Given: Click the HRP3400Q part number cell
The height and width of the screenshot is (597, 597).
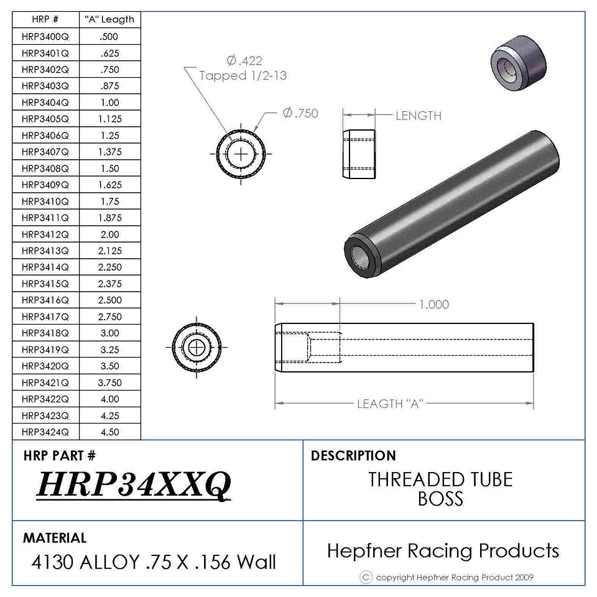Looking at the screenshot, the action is [45, 37].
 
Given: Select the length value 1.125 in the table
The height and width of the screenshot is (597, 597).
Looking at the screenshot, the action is [109, 119].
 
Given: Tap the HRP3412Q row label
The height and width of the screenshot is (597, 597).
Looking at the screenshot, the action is [45, 234].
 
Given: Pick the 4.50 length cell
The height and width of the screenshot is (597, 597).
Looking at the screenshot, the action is [109, 432].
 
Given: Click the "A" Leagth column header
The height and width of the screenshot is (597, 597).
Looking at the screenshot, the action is [109, 19].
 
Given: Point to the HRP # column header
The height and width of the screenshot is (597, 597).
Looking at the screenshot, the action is [45, 19].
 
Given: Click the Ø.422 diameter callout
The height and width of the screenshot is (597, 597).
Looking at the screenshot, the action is [244, 60].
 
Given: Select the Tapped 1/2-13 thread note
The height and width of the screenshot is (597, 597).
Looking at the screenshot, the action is [243, 75].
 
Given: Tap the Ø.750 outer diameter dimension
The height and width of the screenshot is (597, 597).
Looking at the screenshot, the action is [300, 113].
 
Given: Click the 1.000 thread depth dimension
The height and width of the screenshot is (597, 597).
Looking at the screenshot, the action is [433, 304].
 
